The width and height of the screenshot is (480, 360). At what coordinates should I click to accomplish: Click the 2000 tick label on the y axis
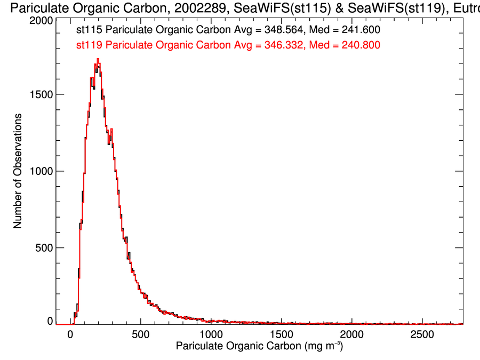coord(41,20)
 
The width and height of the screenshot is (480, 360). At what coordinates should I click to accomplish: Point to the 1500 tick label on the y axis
coord(41,94)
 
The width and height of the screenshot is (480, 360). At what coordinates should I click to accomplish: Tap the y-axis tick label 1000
coord(41,171)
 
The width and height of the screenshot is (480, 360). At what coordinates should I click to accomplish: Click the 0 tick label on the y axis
coord(50,321)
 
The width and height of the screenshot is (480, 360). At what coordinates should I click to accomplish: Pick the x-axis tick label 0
coord(70,335)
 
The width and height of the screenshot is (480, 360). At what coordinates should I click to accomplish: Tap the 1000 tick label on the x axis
coord(211,335)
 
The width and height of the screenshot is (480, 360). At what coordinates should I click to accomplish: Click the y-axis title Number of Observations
coord(18,171)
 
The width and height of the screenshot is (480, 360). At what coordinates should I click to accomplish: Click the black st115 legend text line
coord(228,31)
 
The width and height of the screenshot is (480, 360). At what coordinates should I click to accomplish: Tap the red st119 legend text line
coord(228,46)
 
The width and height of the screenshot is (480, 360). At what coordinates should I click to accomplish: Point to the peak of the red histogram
coord(98,60)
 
